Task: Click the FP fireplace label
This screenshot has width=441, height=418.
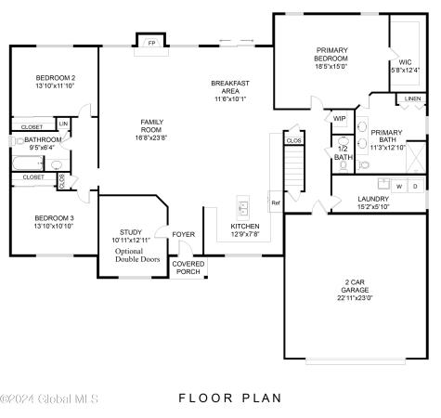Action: point(150,43)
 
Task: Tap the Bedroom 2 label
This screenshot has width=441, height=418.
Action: point(56,78)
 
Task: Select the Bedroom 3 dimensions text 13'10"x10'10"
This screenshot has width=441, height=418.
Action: point(55,227)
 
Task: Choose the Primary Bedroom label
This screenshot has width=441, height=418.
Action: point(331,54)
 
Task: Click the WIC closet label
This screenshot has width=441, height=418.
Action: point(405,63)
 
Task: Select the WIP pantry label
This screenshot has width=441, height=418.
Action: point(339,118)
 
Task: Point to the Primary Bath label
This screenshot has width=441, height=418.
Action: point(388,137)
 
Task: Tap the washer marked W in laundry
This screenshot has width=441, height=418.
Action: point(399,186)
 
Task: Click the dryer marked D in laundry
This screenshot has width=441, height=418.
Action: point(415,186)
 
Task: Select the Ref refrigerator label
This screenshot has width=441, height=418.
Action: point(276,202)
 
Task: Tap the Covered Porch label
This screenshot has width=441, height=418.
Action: point(189,268)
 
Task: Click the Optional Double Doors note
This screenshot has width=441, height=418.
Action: point(137,255)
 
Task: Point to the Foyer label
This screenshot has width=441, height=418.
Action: point(184,234)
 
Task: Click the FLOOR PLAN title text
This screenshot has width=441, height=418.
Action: point(227,398)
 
